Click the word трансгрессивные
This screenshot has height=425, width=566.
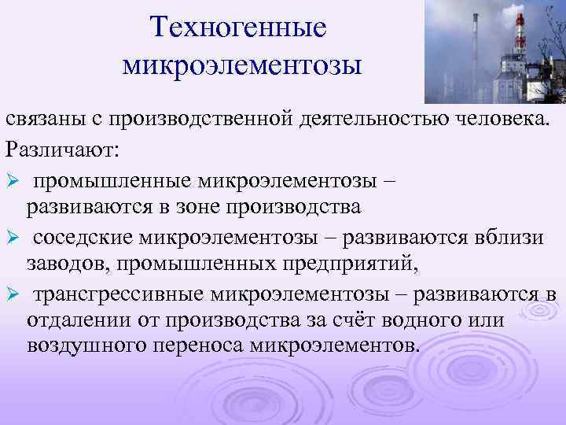(x=119, y=295)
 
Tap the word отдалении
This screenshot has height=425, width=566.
(x=78, y=323)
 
